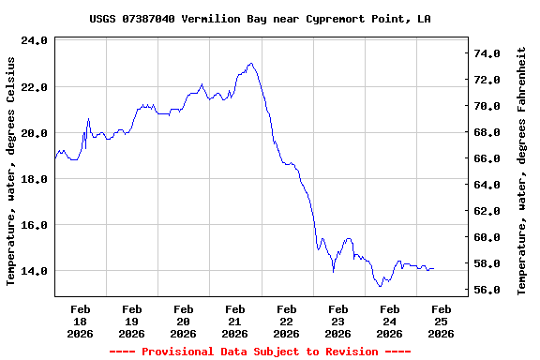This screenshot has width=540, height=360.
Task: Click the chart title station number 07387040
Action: tap(148, 19)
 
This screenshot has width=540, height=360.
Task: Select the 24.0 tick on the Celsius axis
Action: tap(34, 41)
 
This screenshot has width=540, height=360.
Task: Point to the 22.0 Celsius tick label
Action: tap(34, 87)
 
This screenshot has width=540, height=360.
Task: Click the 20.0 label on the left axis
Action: tap(34, 133)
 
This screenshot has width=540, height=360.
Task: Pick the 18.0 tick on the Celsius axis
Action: tap(34, 179)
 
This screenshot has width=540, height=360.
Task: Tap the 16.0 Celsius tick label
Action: tap(34, 225)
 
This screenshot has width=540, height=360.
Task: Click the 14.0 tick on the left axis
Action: tap(34, 271)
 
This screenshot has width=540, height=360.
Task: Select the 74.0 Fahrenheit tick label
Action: tap(488, 54)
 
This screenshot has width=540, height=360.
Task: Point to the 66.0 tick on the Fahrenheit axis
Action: tap(488, 159)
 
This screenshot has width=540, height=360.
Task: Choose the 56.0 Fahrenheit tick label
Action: tap(488, 291)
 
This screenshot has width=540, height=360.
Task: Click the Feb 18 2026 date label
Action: tap(81, 321)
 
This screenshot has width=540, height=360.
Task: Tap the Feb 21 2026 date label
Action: tap(235, 321)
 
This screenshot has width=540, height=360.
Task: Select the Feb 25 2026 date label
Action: tap(442, 321)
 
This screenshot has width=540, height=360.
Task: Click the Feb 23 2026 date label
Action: tap(338, 321)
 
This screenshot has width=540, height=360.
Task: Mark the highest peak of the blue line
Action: tap(250, 63)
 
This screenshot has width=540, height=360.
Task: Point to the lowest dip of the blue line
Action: tap(380, 286)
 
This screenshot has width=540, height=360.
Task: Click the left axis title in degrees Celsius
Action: tap(11, 170)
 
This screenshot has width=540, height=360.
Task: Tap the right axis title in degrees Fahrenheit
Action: tap(522, 170)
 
